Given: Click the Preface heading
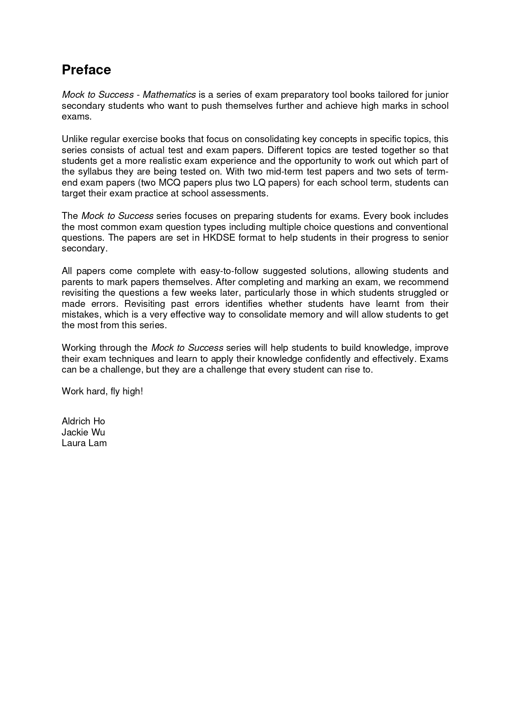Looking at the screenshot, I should [86, 70].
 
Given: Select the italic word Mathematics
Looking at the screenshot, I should [169, 95].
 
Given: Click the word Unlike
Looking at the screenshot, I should [75, 139].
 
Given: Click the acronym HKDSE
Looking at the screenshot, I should [219, 238].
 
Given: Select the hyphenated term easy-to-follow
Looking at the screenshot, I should [229, 271].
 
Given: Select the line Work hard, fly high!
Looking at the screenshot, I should [102, 391].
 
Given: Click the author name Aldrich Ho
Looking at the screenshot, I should [83, 421].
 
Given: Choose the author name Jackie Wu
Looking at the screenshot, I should [83, 432].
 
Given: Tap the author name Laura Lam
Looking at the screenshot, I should [84, 443].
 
